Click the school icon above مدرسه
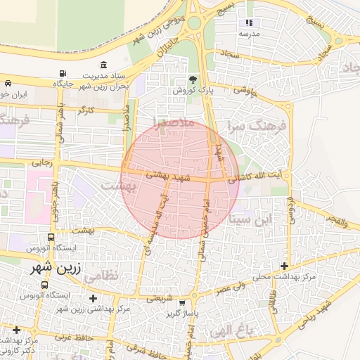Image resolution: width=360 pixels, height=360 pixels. [x=248, y=23]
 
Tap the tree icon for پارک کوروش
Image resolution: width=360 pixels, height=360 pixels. [x=193, y=79]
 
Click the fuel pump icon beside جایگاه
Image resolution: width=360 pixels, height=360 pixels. [x=63, y=73]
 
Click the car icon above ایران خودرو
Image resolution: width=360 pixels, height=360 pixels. [x=7, y=82]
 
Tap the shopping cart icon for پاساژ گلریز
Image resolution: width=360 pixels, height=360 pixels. [x=182, y=304]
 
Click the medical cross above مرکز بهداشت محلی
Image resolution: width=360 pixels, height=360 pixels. [x=284, y=266]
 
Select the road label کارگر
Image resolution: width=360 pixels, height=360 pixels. [x=85, y=111]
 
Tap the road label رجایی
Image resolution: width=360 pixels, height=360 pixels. [x=41, y=162]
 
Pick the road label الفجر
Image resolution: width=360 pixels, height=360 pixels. [x=336, y=219]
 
